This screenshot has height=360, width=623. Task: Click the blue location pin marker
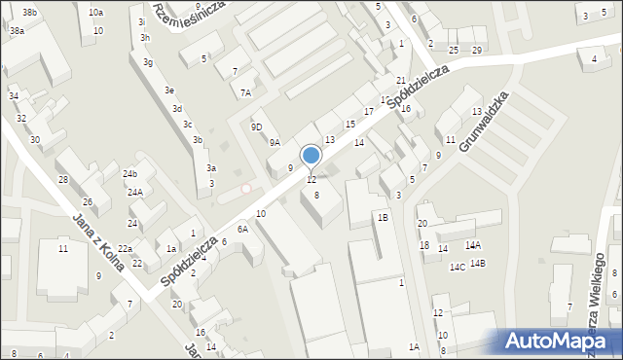coord(311,157)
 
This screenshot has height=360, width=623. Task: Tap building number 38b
coord(30,13)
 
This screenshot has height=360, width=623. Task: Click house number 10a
coord(95,13)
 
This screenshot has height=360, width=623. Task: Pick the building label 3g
coord(147,63)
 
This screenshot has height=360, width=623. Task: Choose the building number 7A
coord(246,93)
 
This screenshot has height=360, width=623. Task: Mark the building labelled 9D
coord(256,127)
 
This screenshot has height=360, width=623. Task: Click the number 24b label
coord(129,174)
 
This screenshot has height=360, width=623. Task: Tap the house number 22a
coord(126,250)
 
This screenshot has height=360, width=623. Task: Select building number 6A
coord(242,229)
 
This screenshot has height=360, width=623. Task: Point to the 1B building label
coord(384,218)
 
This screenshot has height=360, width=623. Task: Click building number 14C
coord(457,268)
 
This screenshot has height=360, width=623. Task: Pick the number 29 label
coord(477,50)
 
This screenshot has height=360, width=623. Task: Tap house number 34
coord(14,96)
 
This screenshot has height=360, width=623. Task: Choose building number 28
coord(62,180)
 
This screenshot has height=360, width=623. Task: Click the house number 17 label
coord(369,112)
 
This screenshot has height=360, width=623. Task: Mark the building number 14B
coord(477,264)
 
